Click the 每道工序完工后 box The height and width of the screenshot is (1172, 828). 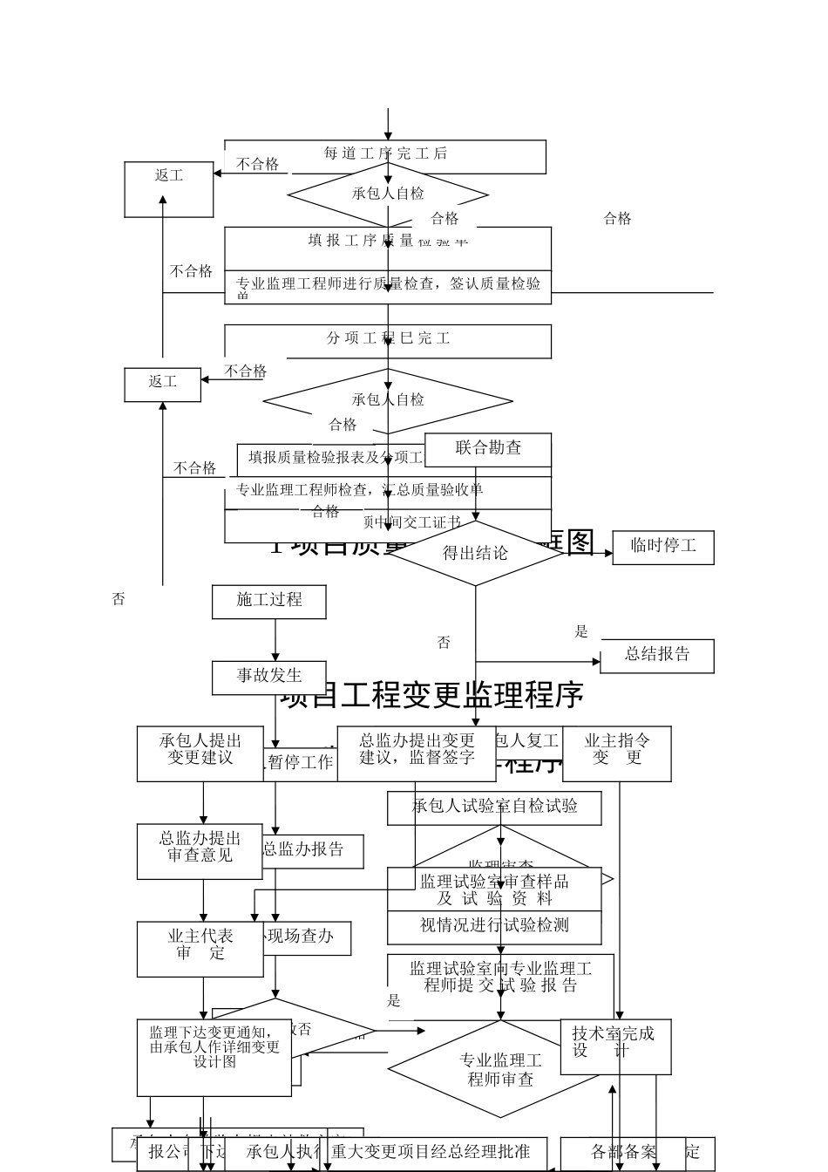(x=385, y=154)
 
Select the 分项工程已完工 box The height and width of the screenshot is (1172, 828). (x=388, y=339)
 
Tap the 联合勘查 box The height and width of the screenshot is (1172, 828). (x=488, y=449)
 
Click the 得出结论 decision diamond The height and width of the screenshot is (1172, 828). (x=475, y=553)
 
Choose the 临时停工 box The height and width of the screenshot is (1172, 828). (x=663, y=547)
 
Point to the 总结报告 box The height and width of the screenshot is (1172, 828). (x=657, y=655)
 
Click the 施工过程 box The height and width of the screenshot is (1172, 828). (x=269, y=601)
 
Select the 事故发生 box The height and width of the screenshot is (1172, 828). (x=269, y=676)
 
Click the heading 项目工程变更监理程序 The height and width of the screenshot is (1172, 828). (x=431, y=696)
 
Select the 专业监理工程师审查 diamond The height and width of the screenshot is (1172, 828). (x=500, y=1069)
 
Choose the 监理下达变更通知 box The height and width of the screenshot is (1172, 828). (x=214, y=1056)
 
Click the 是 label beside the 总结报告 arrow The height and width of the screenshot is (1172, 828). (x=581, y=632)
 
